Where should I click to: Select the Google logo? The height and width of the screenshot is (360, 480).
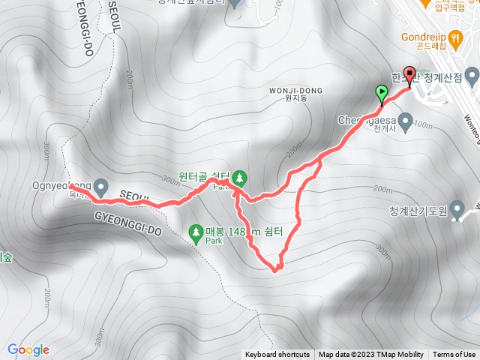(28, 349)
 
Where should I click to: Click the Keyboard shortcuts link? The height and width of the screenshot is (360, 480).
(277, 355)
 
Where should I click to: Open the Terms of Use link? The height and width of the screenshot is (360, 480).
(454, 355)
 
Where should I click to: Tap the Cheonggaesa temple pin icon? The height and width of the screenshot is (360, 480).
(406, 120)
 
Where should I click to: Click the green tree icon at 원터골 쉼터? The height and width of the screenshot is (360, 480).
(239, 178)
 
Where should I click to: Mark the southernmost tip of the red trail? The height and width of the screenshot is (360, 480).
(276, 268)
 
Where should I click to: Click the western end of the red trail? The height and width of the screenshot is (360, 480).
(72, 184)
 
